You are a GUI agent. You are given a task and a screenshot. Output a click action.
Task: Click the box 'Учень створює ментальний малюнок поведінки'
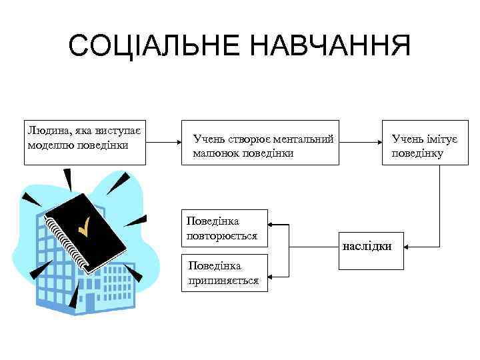[262, 143]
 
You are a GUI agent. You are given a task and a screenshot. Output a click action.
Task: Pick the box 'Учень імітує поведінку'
[420, 143]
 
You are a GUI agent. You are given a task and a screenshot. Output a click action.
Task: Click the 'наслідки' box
[366, 247]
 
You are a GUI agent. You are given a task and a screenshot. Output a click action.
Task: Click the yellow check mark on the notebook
[84, 227]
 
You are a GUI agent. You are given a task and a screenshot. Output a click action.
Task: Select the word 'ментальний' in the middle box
[304, 139]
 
